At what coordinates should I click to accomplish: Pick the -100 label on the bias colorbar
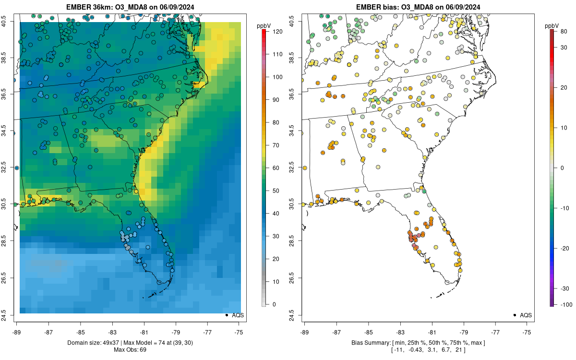tap(565, 304)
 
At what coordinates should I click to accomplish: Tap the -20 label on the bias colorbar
tap(565, 248)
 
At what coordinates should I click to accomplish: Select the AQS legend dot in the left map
tap(226, 315)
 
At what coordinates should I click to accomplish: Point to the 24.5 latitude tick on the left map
tap(9, 315)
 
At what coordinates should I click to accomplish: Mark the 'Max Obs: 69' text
tap(129, 349)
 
